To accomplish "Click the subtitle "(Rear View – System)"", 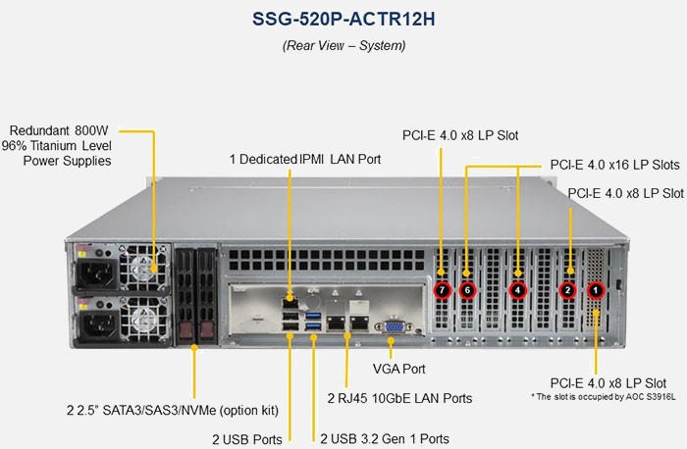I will point(343,45).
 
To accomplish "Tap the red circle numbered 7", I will point(443,290).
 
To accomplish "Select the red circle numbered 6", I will point(467,290).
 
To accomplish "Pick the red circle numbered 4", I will point(518,290).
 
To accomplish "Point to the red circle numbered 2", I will point(567,290).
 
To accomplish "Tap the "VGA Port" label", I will point(399,370).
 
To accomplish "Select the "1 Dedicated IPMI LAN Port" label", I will point(305,158).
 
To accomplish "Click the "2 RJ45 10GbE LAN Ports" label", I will point(399,398).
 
